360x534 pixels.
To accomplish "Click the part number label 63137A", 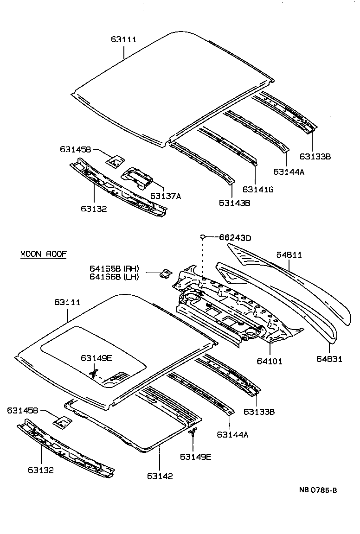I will (x=165, y=196).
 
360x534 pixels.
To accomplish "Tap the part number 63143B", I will (x=234, y=203).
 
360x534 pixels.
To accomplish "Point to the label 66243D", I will (x=235, y=238).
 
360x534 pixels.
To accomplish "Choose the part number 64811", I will (x=289, y=254).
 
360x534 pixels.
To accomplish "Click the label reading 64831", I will (x=330, y=359).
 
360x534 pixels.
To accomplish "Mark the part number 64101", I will (x=270, y=361).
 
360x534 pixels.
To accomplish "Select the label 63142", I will (x=160, y=476).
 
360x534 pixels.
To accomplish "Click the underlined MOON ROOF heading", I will (x=44, y=254).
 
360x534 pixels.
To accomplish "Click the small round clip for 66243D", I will (x=203, y=237).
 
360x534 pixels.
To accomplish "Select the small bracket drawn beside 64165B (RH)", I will (x=164, y=273).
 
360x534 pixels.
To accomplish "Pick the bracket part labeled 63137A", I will (x=137, y=177).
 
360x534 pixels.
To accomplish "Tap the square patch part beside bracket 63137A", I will (x=115, y=160).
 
